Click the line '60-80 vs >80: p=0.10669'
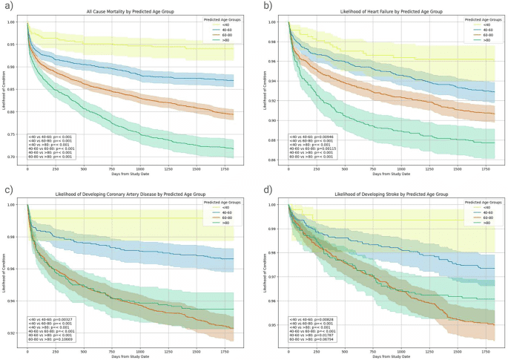click(x=53, y=339)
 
